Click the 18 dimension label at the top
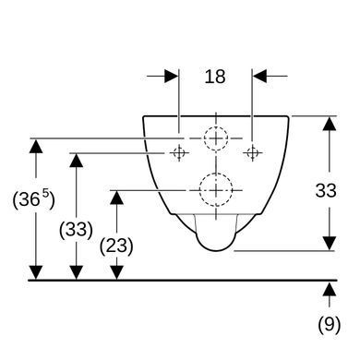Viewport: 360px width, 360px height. coord(215,77)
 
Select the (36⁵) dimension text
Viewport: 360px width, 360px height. coord(34,199)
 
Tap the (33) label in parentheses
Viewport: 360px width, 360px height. coord(76,230)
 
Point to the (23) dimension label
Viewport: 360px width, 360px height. coord(116,246)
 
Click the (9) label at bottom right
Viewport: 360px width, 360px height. coord(330,324)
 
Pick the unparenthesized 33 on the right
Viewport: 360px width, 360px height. coord(326,190)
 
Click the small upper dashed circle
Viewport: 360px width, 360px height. coord(216,138)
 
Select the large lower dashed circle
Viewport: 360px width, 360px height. coord(216,190)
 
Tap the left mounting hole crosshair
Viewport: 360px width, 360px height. coord(179,152)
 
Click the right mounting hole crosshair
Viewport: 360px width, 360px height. coord(253,152)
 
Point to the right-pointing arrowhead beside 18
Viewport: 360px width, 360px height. coord(172,76)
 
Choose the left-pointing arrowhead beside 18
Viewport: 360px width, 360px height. coord(259,76)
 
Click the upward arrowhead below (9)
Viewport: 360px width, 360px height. coord(330,290)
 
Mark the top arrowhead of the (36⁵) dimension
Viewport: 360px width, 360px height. coord(36,146)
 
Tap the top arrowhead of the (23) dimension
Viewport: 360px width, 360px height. coord(116,198)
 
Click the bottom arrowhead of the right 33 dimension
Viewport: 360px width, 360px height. coord(330,244)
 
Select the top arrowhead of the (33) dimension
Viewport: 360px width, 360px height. coord(76,160)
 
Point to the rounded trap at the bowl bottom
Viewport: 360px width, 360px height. coord(216,249)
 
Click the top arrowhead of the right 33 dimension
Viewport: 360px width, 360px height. coord(330,124)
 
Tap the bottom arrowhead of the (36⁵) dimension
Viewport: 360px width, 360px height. coord(36,273)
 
